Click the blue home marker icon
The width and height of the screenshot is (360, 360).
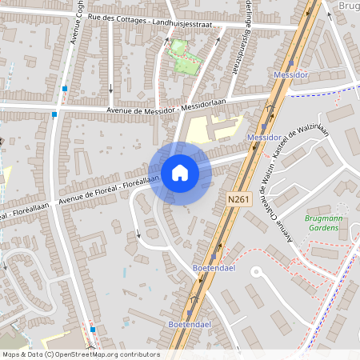(179, 172)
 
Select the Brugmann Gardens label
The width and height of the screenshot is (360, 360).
(328, 222)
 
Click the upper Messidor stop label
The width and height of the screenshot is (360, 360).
(290, 74)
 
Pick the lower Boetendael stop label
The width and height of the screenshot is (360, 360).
(190, 324)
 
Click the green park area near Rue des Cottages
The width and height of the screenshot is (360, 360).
(184, 56)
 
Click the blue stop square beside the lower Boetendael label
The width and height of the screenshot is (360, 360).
(190, 314)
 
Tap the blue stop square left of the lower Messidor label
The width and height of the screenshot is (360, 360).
(264, 126)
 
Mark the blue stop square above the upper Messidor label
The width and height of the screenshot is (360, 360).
(291, 62)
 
